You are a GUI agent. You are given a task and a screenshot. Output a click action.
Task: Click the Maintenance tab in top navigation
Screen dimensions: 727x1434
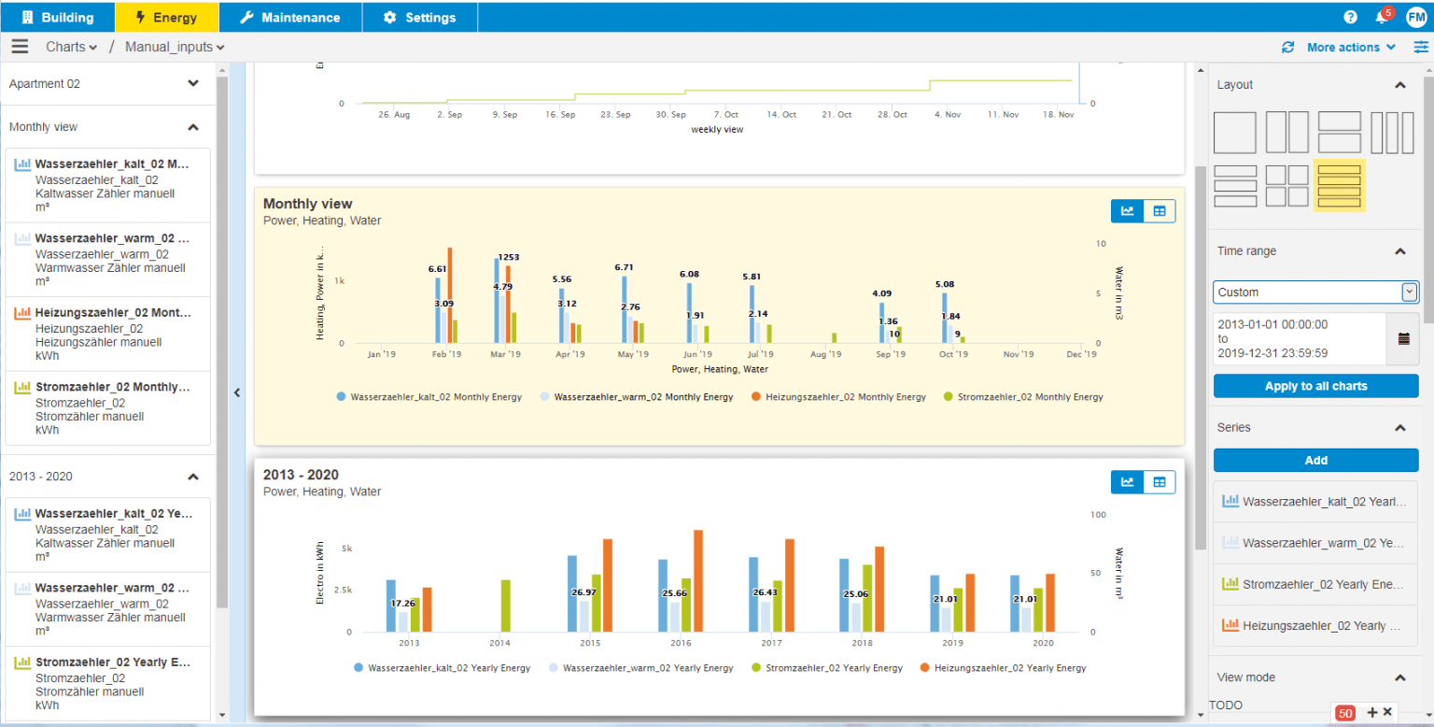click(x=289, y=18)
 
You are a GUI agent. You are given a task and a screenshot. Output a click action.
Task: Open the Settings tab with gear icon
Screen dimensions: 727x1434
click(x=419, y=18)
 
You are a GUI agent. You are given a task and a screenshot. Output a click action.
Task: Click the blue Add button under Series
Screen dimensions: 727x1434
click(x=1315, y=460)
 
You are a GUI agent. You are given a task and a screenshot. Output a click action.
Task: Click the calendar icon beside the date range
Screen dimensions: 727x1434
click(x=1403, y=338)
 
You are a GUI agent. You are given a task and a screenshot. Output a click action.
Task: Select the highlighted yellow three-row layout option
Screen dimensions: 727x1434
click(x=1339, y=185)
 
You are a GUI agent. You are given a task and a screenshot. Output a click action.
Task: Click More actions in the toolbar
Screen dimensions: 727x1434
click(x=1351, y=48)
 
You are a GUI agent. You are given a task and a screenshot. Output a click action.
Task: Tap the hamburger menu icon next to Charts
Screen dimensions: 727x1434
click(x=20, y=47)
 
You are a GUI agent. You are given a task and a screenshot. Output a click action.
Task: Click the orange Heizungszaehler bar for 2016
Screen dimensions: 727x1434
click(x=697, y=580)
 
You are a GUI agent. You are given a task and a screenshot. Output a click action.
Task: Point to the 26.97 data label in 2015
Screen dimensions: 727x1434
click(x=584, y=592)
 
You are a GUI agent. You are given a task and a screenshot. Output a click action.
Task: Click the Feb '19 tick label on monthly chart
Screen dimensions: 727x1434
click(x=446, y=355)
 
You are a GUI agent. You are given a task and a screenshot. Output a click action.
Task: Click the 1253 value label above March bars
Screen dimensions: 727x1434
click(x=508, y=257)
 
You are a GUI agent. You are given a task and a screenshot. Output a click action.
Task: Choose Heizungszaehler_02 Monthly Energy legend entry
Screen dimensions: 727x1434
click(x=838, y=397)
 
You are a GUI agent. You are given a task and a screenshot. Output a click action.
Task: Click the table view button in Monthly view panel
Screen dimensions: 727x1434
click(x=1160, y=211)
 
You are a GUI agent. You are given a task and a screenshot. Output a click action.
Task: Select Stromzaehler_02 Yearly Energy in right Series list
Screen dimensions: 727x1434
click(x=1315, y=584)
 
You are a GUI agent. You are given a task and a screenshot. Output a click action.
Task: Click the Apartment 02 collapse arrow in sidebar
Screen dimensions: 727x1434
click(x=193, y=83)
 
